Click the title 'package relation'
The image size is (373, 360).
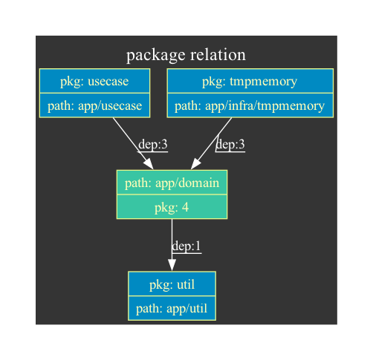point(186,55)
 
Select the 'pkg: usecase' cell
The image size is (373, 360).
point(94,81)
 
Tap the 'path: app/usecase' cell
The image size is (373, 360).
point(94,105)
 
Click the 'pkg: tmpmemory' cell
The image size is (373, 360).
point(250,81)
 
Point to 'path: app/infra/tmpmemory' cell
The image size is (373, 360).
point(250,105)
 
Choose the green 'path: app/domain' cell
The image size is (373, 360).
point(172,183)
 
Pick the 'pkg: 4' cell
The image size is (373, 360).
point(172,207)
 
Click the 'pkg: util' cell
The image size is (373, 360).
point(172,284)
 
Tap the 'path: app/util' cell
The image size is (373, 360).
point(172,308)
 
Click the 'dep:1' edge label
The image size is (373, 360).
point(186,246)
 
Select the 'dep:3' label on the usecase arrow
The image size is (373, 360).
point(153,144)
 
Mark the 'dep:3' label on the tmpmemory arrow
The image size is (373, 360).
point(230,144)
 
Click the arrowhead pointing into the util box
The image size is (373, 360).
point(172,265)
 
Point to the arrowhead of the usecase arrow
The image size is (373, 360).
point(149,164)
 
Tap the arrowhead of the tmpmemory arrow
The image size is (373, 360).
point(195,164)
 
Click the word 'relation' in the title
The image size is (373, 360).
point(218,54)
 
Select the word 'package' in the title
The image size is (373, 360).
point(156,56)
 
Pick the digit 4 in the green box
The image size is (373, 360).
point(185,207)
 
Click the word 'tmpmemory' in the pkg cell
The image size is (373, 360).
point(264,82)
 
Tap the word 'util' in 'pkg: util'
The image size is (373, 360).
point(186,284)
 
